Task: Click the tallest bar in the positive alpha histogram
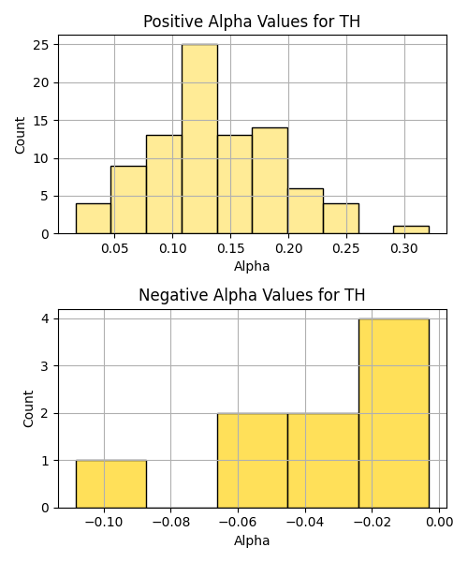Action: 199,139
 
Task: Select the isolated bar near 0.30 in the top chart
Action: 411,229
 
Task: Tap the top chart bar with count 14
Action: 270,181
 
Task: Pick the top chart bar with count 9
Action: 128,200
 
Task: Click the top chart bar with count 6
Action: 305,211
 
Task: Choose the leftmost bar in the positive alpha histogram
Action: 94,218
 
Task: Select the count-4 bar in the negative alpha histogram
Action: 394,413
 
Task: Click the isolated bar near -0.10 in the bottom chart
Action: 111,484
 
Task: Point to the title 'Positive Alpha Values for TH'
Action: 252,22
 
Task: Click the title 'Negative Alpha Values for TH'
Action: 252,295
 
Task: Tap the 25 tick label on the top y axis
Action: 41,45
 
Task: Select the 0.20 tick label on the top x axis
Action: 288,248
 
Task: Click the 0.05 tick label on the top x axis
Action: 114,248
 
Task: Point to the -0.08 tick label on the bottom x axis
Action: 170,523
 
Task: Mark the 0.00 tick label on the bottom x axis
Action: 439,523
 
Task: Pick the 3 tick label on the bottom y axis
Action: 45,366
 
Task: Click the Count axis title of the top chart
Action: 20,135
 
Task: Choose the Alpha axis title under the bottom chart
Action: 252,540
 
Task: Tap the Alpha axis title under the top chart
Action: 252,266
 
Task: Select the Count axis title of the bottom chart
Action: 28,409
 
